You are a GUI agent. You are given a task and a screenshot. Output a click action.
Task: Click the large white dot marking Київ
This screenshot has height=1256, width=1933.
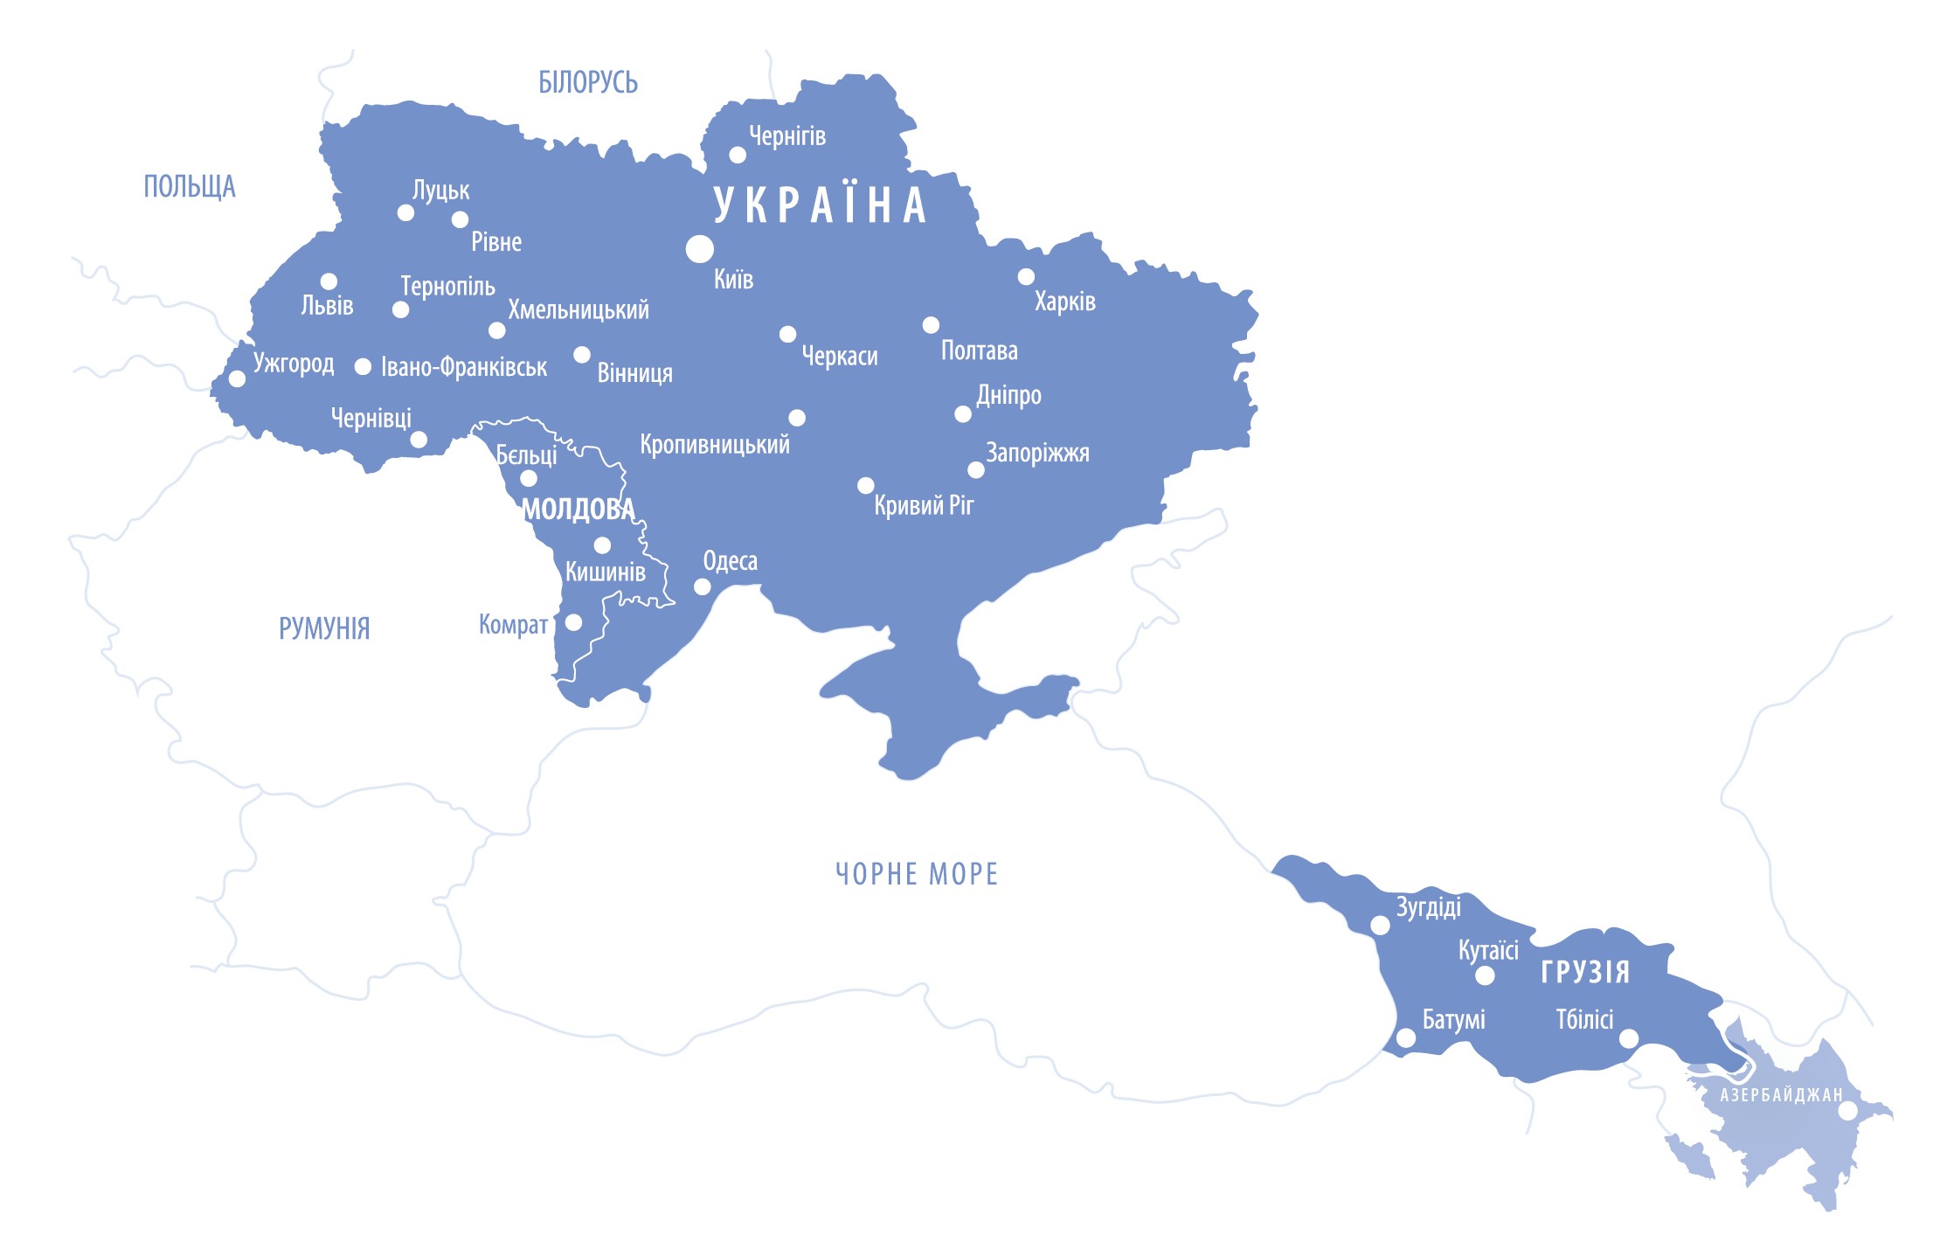[699, 249]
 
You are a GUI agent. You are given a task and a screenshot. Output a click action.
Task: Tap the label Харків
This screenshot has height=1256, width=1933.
[1064, 302]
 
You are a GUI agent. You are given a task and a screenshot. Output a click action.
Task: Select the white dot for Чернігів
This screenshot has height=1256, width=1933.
[738, 155]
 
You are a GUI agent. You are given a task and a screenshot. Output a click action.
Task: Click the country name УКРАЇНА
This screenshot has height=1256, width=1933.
[820, 205]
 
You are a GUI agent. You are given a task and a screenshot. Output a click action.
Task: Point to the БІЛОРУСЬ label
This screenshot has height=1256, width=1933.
[587, 83]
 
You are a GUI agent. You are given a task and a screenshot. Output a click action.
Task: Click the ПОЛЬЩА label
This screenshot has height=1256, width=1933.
[189, 186]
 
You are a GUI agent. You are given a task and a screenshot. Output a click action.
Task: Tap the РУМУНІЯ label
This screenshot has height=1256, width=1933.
[324, 628]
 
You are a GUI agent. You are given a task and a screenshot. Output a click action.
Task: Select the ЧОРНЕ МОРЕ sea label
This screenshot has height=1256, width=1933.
[916, 874]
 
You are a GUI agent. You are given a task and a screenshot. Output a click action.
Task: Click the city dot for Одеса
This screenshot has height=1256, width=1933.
[702, 586]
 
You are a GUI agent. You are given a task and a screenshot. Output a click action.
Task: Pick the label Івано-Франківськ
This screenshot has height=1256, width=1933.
[463, 367]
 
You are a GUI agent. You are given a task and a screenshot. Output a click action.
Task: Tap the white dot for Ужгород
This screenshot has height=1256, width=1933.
[237, 378]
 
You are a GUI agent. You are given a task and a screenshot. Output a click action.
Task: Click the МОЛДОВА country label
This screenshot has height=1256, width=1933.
[578, 510]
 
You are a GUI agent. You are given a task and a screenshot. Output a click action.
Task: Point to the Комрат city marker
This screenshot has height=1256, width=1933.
[573, 622]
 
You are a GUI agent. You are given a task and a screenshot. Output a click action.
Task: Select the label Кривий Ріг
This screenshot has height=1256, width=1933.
[923, 505]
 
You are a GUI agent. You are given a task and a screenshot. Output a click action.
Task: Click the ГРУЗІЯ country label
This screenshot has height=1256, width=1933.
[1584, 972]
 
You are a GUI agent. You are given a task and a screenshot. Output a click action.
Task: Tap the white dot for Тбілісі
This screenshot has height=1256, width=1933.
[1629, 1038]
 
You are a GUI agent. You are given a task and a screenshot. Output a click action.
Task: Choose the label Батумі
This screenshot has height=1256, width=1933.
[1453, 1020]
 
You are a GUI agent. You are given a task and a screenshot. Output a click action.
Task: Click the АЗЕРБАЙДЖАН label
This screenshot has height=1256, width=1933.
[1781, 1095]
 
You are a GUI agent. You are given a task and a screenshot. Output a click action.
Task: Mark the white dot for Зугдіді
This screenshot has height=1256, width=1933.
[1380, 926]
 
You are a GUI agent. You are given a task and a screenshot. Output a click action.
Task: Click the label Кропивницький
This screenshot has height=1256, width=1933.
[714, 445]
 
